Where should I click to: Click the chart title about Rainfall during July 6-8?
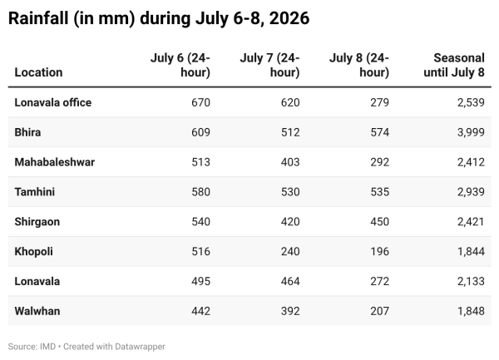[159, 18]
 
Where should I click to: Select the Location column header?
[38, 72]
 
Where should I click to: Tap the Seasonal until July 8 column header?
[454, 65]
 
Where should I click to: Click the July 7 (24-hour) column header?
[269, 65]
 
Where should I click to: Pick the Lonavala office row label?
[53, 102]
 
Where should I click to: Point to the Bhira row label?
[27, 132]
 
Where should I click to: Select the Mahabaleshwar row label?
[55, 162]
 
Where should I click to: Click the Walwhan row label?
[37, 311]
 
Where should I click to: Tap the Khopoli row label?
[34, 252]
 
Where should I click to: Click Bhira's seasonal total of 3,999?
[471, 132]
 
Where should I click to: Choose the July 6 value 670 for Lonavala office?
[200, 102]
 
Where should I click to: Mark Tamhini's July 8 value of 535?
[380, 192]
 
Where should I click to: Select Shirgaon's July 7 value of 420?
[290, 222]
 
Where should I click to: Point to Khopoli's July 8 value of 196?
[380, 252]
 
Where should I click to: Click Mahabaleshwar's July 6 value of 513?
[200, 162]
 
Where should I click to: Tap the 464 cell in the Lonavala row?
[290, 281]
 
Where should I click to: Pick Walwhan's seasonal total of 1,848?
[471, 311]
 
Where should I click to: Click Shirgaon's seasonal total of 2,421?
[471, 222]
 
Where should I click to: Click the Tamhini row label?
[35, 192]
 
